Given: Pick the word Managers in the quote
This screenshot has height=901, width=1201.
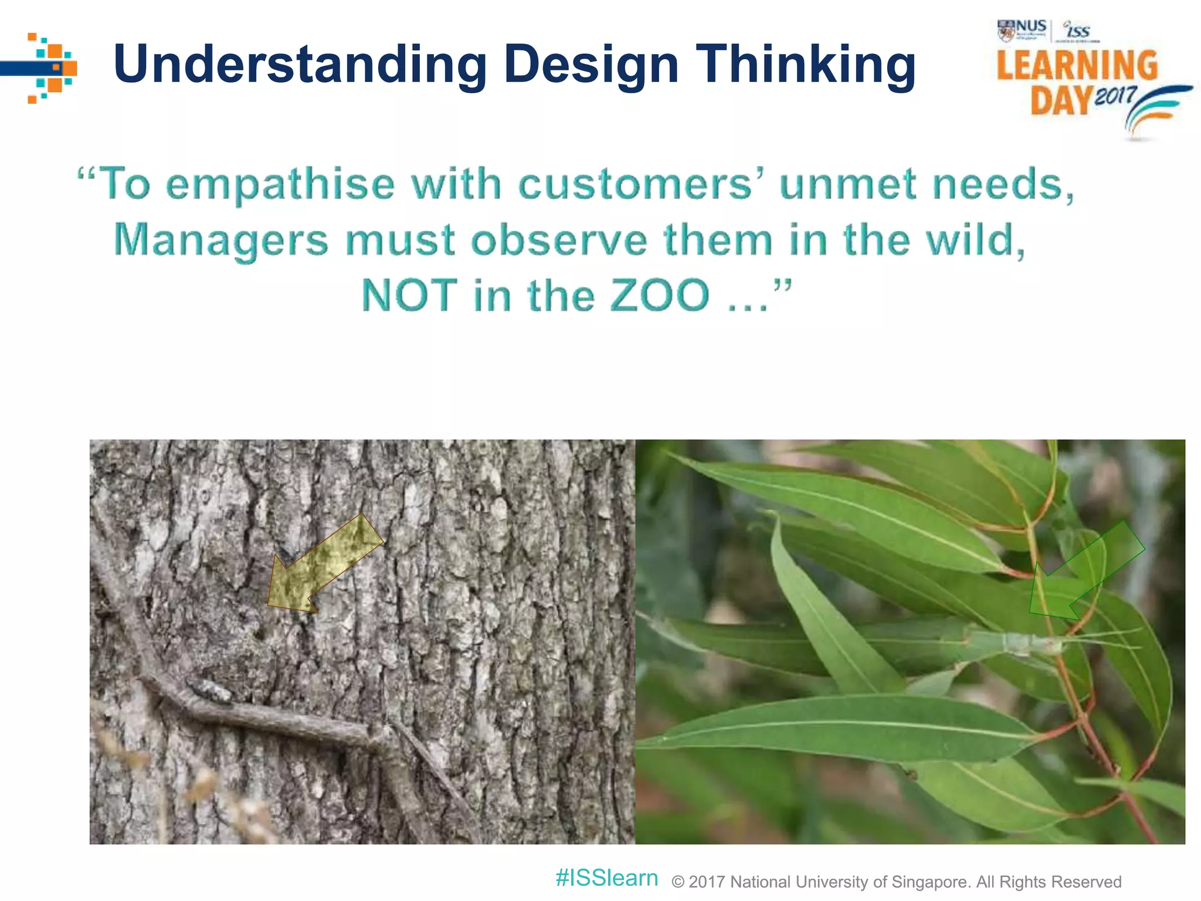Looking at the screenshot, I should (220, 241).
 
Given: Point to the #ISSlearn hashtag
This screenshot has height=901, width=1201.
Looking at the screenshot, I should (606, 878).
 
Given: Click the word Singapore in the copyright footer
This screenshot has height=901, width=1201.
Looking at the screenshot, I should (929, 882).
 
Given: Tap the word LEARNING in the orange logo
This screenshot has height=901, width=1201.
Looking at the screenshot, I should (1077, 66).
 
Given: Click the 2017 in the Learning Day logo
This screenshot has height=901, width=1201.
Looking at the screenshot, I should (1115, 95).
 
